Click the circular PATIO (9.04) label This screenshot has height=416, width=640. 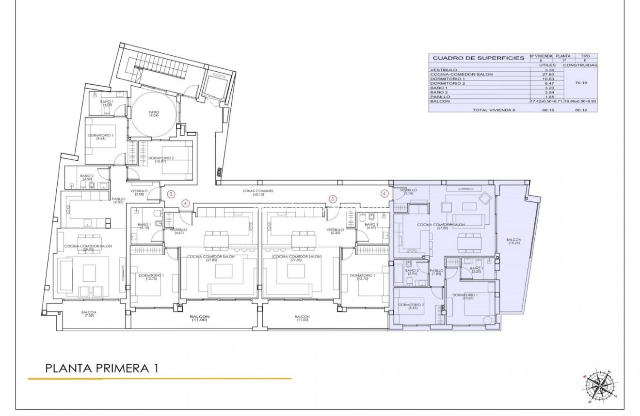coord(154,114)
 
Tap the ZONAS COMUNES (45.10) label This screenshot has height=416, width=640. coord(258,193)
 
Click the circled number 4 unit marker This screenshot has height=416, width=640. coord(185,203)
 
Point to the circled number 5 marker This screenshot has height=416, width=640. coord(332,199)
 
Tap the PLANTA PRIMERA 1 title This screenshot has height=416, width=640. coord(102,368)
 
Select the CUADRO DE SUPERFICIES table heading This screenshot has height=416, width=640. coord(478,58)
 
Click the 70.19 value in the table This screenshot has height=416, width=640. coord(581,83)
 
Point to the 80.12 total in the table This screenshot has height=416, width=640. coord(581,110)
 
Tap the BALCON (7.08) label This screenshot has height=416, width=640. coord(89,314)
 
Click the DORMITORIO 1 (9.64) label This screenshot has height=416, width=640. coord(101,137)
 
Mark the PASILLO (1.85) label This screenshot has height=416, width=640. coord(436,272)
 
